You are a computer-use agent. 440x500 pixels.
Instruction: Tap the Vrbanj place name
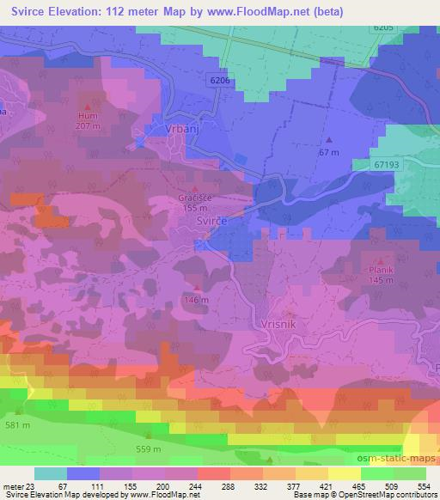click(181, 129)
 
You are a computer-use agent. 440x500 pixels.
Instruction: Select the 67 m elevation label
click(328, 151)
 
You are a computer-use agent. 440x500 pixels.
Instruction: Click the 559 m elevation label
click(149, 448)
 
